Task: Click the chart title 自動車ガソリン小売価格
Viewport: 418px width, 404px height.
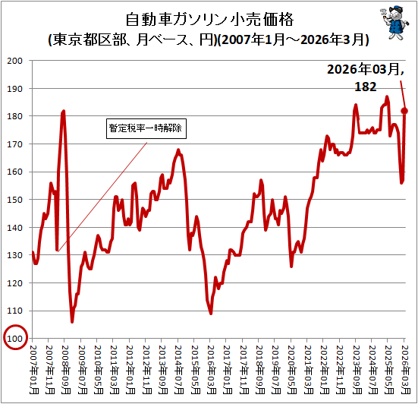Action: [x=209, y=19]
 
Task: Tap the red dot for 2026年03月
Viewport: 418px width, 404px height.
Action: [x=404, y=111]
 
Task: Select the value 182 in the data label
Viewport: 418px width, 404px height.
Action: [x=365, y=87]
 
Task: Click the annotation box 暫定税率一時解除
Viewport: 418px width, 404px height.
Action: [x=146, y=128]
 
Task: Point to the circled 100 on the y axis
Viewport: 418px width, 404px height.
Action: [x=15, y=337]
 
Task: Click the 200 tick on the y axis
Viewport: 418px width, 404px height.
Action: [x=14, y=61]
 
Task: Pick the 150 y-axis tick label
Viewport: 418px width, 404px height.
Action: [x=14, y=200]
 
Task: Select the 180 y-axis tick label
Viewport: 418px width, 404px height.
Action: [x=14, y=116]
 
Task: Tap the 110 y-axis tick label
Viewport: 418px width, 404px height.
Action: [x=14, y=311]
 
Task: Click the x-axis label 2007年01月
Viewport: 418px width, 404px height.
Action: [x=34, y=370]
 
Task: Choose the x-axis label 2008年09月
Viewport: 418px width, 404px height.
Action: [x=66, y=370]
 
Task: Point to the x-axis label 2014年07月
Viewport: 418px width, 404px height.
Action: [x=179, y=370]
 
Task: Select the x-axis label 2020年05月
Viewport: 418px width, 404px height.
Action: [x=292, y=370]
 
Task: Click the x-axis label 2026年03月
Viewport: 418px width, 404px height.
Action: [x=405, y=370]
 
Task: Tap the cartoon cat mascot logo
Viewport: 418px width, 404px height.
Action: [x=394, y=23]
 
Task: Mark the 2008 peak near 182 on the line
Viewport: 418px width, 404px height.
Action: [x=64, y=111]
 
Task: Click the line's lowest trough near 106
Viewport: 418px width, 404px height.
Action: [x=72, y=322]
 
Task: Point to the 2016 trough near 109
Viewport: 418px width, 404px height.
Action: [x=211, y=314]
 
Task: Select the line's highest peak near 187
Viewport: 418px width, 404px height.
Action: [x=387, y=96]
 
